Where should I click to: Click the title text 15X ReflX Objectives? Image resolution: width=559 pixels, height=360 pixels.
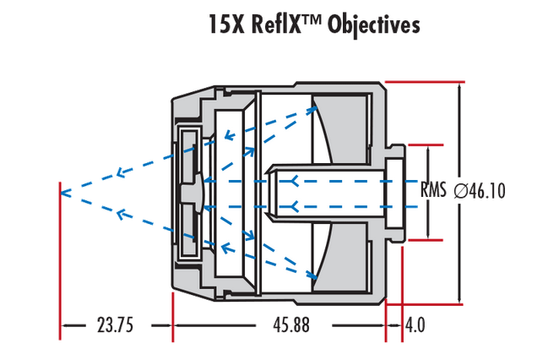click(313, 25)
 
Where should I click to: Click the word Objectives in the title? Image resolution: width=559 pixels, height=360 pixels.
click(373, 25)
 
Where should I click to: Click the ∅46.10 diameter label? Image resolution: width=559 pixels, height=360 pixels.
click(479, 191)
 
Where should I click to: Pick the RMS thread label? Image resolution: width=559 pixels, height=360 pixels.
click(433, 190)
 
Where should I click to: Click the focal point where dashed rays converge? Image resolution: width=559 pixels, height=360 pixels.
click(62, 191)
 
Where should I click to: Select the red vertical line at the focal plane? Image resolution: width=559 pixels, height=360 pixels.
click(61, 254)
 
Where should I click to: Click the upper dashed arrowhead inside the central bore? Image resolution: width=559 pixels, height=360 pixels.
click(292, 181)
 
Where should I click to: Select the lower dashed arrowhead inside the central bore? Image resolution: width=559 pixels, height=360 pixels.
click(292, 205)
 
